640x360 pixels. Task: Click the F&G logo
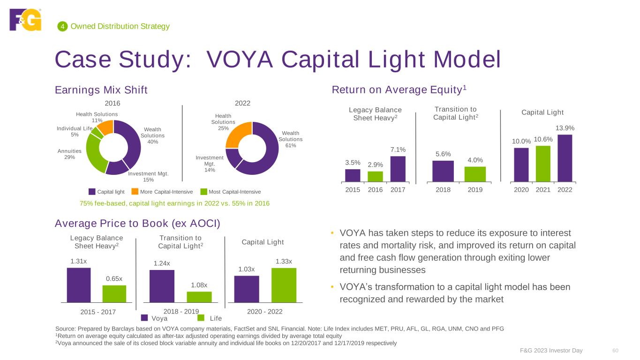pyautogui.click(x=25, y=19)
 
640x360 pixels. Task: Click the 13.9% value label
pyautogui.click(x=565, y=128)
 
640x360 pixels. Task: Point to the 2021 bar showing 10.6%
pyautogui.click(x=543, y=164)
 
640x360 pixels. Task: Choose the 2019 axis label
pyautogui.click(x=475, y=190)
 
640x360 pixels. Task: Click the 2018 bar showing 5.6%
pyautogui.click(x=443, y=171)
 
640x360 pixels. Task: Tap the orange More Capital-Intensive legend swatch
pyautogui.click(x=135, y=192)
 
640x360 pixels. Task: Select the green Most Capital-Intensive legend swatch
pyautogui.click(x=203, y=192)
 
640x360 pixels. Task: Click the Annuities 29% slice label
pyautogui.click(x=69, y=154)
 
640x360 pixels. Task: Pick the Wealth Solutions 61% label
pyautogui.click(x=291, y=139)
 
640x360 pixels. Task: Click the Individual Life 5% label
pyautogui.click(x=75, y=131)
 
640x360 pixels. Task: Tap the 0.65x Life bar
pyautogui.click(x=114, y=293)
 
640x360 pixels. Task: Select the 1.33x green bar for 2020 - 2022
pyautogui.click(x=284, y=285)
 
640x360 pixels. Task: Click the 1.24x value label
pyautogui.click(x=161, y=263)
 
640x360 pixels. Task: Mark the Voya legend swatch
pyautogui.click(x=144, y=318)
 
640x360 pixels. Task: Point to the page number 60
pyautogui.click(x=616, y=351)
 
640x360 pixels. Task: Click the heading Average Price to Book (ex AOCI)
pyautogui.click(x=137, y=224)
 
